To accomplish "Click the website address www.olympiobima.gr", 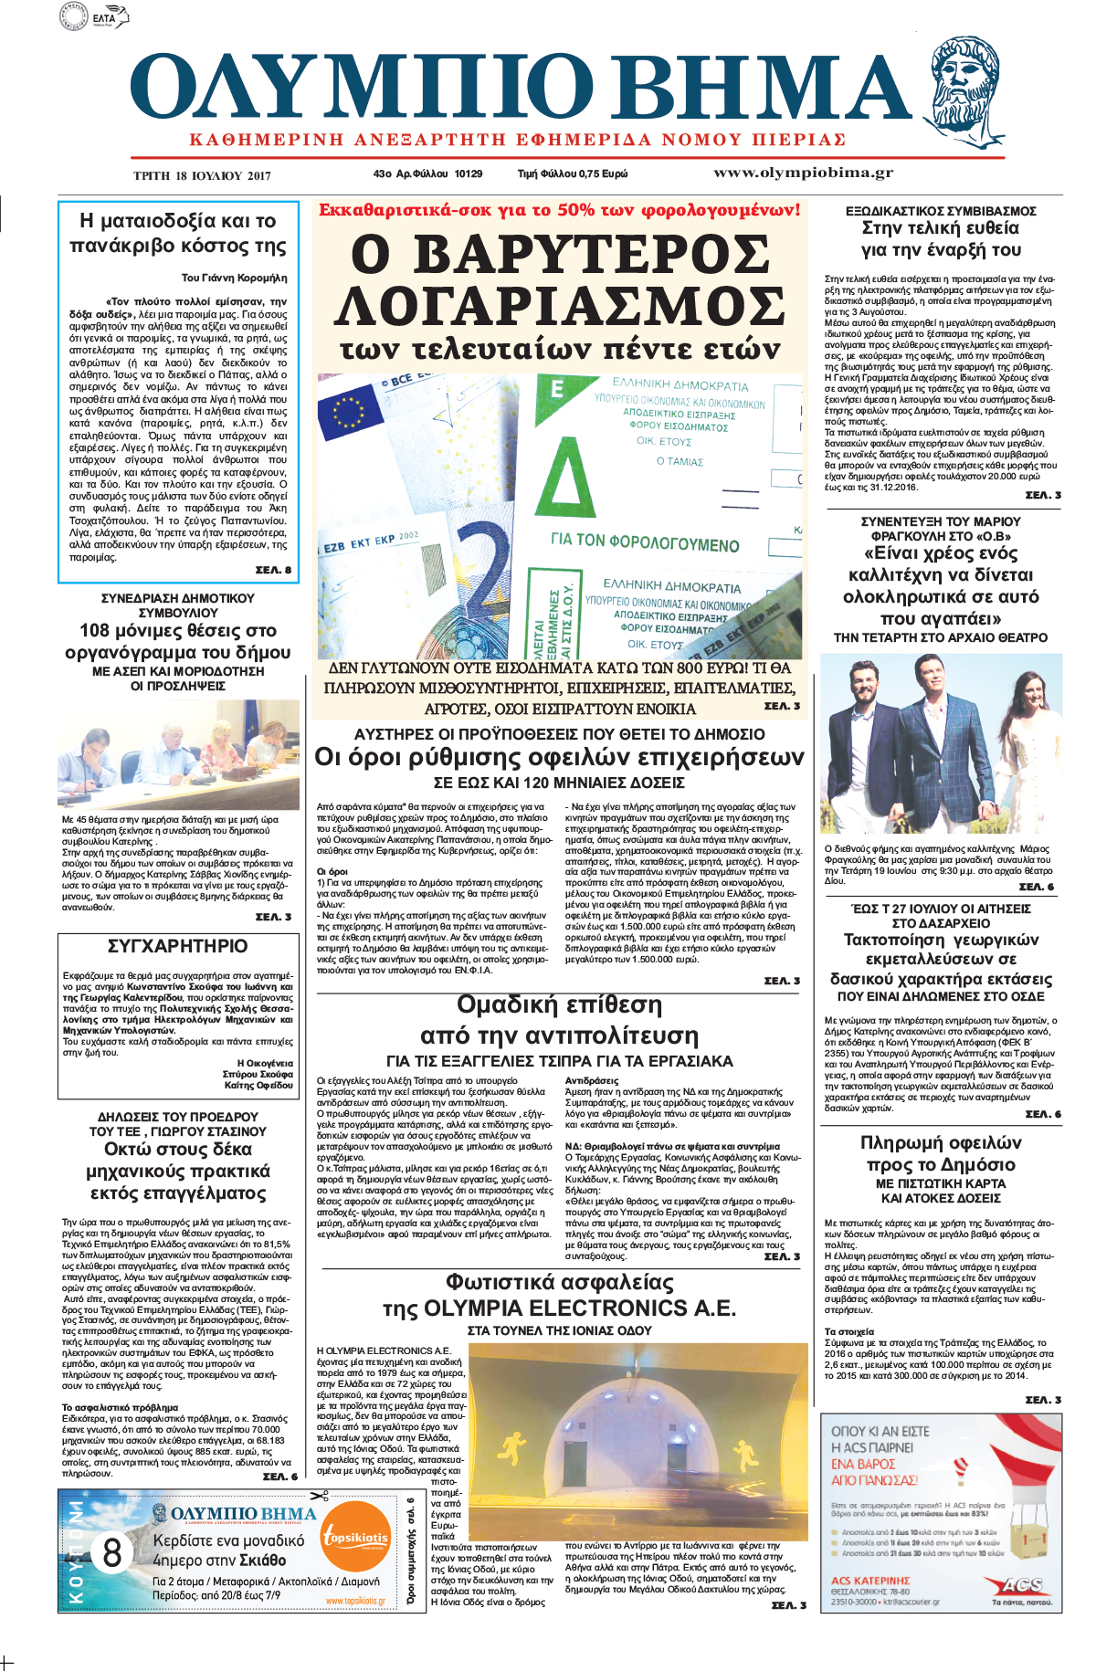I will click(x=803, y=173).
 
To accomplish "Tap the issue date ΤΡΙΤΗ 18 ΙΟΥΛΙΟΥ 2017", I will click(x=202, y=175).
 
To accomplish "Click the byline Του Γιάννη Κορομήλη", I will click(x=234, y=278).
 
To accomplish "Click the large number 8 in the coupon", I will click(x=112, y=1551).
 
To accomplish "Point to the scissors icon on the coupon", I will click(x=319, y=1496).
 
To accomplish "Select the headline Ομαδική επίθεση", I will click(x=559, y=1005).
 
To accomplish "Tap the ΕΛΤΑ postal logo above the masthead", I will click(x=95, y=16).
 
